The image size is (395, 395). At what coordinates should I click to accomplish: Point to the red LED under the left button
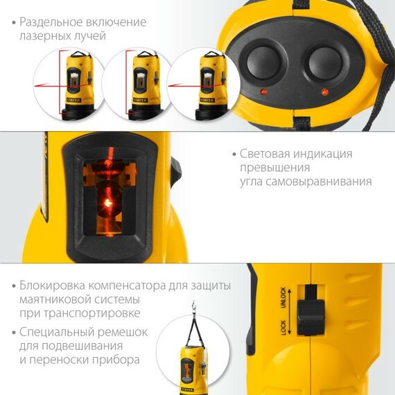(263, 91)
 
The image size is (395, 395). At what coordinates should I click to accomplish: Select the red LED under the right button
(324, 91)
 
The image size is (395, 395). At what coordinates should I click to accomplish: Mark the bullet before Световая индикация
(234, 154)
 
